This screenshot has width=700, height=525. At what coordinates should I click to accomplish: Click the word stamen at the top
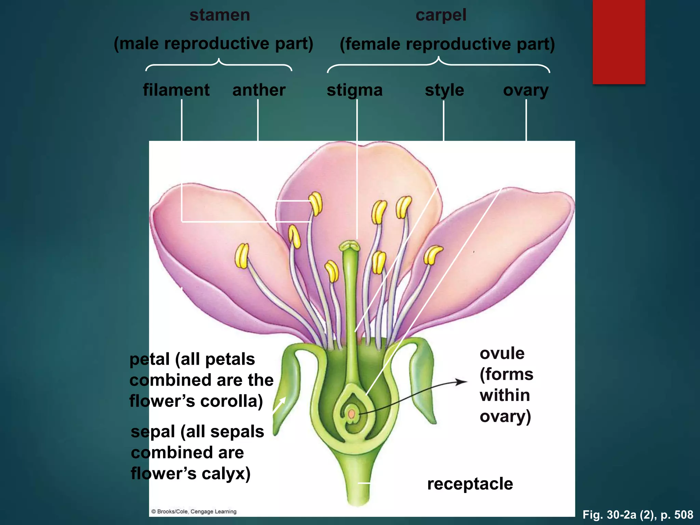pyautogui.click(x=220, y=15)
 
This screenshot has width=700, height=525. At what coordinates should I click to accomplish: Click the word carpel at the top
pyautogui.click(x=441, y=15)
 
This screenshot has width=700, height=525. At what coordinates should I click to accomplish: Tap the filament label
pyautogui.click(x=176, y=90)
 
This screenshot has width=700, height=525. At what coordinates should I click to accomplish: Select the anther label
pyautogui.click(x=259, y=90)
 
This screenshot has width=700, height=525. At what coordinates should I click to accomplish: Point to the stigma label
pyautogui.click(x=354, y=91)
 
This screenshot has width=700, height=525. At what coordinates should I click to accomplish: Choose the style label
pyautogui.click(x=444, y=91)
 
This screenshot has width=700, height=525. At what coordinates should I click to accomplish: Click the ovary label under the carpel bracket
pyautogui.click(x=526, y=91)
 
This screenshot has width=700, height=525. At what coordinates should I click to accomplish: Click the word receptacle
pyautogui.click(x=470, y=484)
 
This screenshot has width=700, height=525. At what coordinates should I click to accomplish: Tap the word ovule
pyautogui.click(x=502, y=353)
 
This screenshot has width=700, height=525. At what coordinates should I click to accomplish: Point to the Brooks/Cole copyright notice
pyautogui.click(x=194, y=512)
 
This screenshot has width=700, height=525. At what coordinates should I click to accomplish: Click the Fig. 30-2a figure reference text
pyautogui.click(x=638, y=515)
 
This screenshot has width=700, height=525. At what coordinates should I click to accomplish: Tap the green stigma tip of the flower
pyautogui.click(x=349, y=246)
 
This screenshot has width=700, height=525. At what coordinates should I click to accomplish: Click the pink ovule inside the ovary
pyautogui.click(x=351, y=414)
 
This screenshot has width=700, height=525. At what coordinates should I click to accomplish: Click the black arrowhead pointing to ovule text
pyautogui.click(x=463, y=382)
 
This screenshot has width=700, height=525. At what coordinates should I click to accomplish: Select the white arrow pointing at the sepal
pyautogui.click(x=280, y=405)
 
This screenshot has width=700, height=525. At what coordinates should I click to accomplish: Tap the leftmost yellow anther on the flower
pyautogui.click(x=242, y=256)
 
